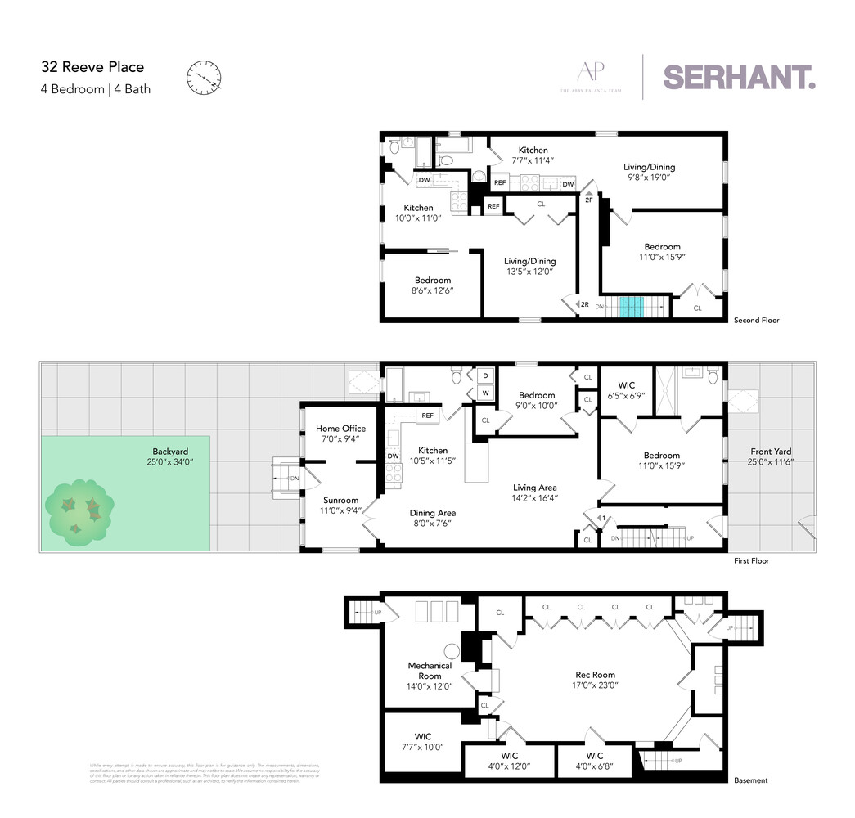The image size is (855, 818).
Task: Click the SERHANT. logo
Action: click(739, 77)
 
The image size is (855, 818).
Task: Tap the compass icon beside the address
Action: click(204, 78)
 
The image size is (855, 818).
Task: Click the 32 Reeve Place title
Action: click(92, 67)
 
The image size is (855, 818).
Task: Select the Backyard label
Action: click(170, 451)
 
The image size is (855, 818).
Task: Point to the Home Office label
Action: click(340, 429)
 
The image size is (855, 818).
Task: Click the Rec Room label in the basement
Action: click(595, 675)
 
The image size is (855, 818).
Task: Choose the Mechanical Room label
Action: click(430, 671)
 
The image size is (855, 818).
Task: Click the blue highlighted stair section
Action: click(630, 307)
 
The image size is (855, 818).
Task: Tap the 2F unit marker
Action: click(588, 199)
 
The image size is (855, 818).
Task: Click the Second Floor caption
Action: click(756, 320)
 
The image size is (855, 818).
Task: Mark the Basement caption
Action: click(750, 780)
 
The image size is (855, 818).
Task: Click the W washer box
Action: click(485, 392)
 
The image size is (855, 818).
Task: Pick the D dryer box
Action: click(485, 376)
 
